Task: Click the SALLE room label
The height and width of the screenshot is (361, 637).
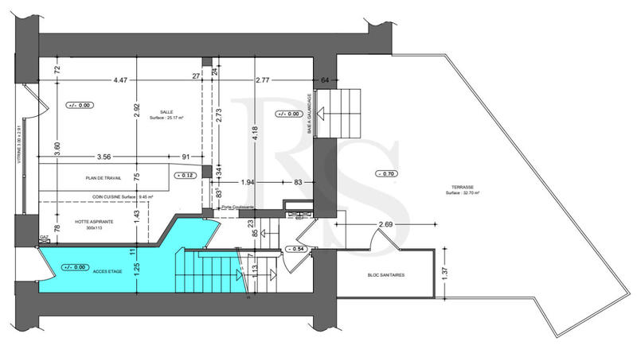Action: [x=166, y=112]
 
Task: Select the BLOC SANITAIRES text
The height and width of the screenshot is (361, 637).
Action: [x=385, y=275]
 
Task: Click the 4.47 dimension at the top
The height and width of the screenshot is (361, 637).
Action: [x=120, y=80]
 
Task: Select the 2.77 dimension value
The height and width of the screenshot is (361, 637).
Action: [x=265, y=80]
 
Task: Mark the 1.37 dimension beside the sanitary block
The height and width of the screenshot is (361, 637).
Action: [x=445, y=272]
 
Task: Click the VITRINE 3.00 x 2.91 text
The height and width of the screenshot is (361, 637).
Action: [x=18, y=151]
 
